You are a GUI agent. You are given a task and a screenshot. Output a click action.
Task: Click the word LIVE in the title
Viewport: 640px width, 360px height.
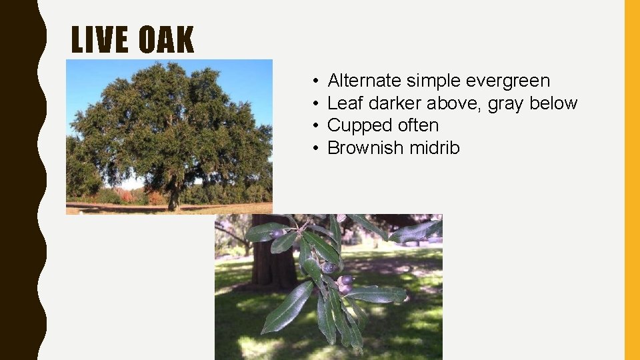pos(101,40)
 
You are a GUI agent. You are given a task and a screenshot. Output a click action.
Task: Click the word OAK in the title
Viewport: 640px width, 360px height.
pos(166,40)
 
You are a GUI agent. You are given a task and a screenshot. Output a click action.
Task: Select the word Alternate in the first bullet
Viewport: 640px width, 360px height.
pos(365,81)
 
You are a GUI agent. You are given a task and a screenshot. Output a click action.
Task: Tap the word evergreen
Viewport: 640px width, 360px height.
pos(508,81)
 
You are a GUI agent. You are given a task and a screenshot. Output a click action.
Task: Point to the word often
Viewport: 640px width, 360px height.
pos(418,125)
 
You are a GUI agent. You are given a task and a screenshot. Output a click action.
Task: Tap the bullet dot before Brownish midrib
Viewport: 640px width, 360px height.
pos(313,148)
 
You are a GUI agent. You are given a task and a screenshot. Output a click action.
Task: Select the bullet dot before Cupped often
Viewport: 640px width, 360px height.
pos(313,126)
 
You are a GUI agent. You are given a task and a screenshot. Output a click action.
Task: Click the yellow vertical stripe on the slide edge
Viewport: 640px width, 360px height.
pos(631,180)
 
